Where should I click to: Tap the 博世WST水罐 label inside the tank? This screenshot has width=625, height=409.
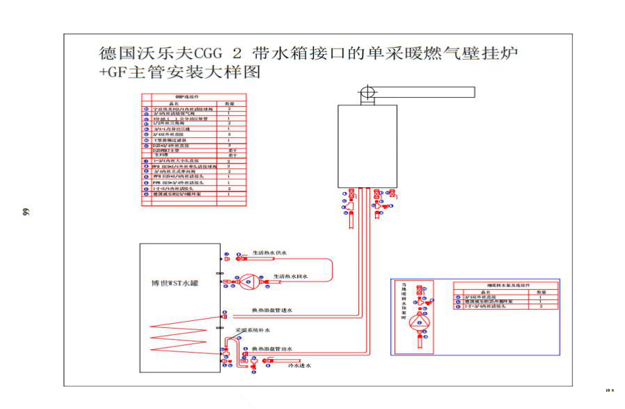coord(174,283)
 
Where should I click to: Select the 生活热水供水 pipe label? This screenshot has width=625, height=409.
coord(270,253)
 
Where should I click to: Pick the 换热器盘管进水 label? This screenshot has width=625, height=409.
coord(272,311)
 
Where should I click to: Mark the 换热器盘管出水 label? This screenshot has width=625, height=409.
coord(272,348)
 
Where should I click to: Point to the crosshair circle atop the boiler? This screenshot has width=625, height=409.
coord(367,92)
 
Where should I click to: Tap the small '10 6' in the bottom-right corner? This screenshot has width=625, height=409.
coord(609,391)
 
